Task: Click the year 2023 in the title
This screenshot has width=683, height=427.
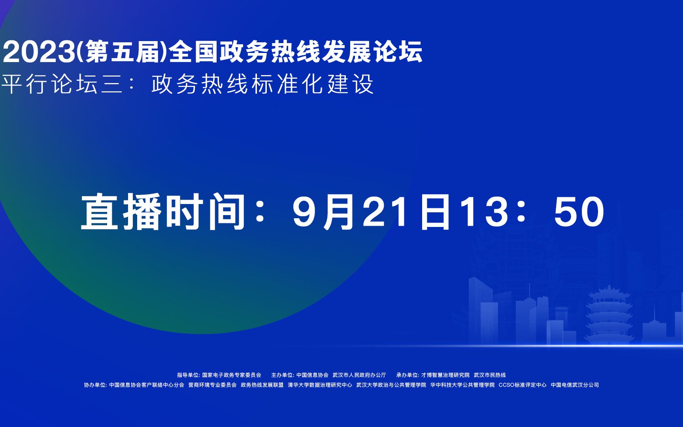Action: click(38, 52)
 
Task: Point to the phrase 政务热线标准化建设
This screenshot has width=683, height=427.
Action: click(262, 84)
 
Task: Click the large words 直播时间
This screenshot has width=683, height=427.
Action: click(163, 212)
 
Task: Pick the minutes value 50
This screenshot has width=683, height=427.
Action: click(579, 212)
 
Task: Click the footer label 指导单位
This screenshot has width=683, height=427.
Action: click(188, 375)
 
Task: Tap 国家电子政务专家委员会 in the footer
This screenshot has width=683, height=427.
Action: click(232, 375)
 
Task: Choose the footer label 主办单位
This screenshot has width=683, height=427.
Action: click(282, 375)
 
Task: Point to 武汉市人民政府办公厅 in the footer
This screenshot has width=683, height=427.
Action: click(359, 375)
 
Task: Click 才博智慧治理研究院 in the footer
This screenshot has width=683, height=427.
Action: click(445, 375)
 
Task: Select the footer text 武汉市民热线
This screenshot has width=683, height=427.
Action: click(490, 375)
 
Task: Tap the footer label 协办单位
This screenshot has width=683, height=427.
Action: click(95, 385)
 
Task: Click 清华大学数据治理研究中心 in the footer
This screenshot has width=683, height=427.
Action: click(320, 385)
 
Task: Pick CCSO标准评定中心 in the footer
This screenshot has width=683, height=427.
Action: click(523, 385)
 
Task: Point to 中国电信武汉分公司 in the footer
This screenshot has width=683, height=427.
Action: click(575, 385)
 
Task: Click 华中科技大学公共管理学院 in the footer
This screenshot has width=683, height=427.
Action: click(462, 385)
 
